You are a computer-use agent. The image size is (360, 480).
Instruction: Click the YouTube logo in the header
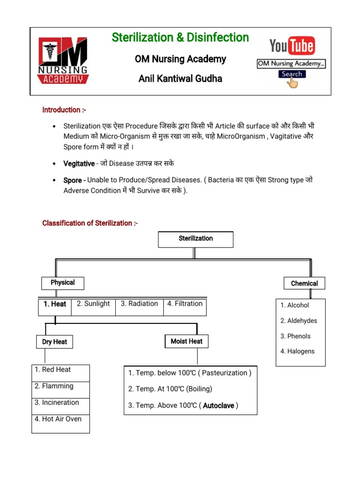(x=292, y=46)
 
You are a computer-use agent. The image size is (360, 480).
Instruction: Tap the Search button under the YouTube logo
(x=292, y=74)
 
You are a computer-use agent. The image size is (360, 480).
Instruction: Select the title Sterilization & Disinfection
(x=180, y=37)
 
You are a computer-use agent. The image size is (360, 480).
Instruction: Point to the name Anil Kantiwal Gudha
(x=180, y=79)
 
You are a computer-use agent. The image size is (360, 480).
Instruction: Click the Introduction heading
(x=64, y=110)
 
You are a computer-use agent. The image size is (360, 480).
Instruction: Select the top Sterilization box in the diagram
(x=195, y=239)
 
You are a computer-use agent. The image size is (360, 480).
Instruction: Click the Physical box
(x=62, y=283)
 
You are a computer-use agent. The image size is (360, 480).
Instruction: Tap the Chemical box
(x=304, y=283)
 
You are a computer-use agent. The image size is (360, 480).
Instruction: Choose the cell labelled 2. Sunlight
(x=93, y=304)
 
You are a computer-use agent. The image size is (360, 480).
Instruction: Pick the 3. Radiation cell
(x=139, y=304)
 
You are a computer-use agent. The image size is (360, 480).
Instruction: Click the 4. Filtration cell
(x=185, y=304)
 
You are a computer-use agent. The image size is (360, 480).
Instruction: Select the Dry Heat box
(x=54, y=342)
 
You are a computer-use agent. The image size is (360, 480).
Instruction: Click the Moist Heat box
(x=187, y=341)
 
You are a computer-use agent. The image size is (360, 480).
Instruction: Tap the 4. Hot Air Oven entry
(x=58, y=419)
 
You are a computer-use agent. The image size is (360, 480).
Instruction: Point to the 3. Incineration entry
(x=57, y=403)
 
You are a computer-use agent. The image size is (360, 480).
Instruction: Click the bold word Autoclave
(x=218, y=405)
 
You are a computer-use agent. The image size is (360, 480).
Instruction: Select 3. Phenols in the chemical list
(x=295, y=336)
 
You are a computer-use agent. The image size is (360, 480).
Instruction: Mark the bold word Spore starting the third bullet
(x=73, y=180)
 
